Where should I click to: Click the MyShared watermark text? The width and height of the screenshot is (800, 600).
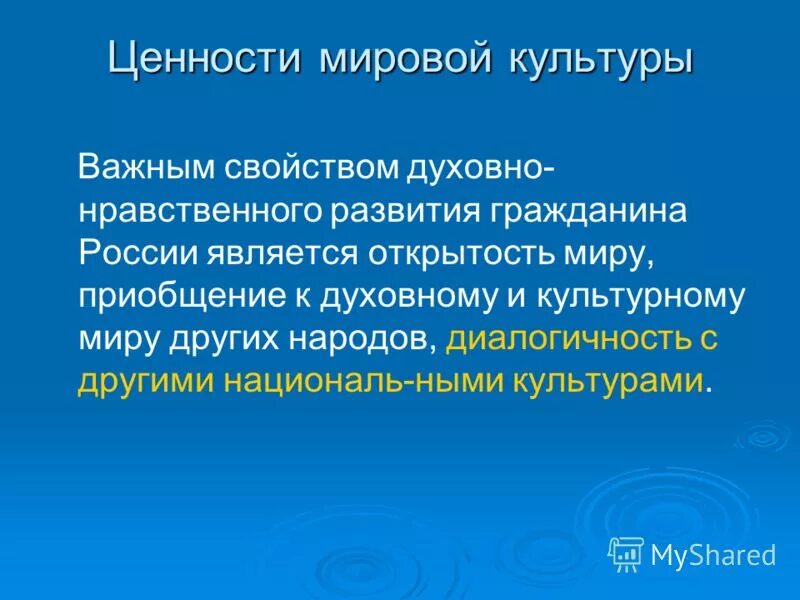(x=713, y=554)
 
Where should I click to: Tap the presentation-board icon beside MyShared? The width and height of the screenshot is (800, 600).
(x=626, y=553)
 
